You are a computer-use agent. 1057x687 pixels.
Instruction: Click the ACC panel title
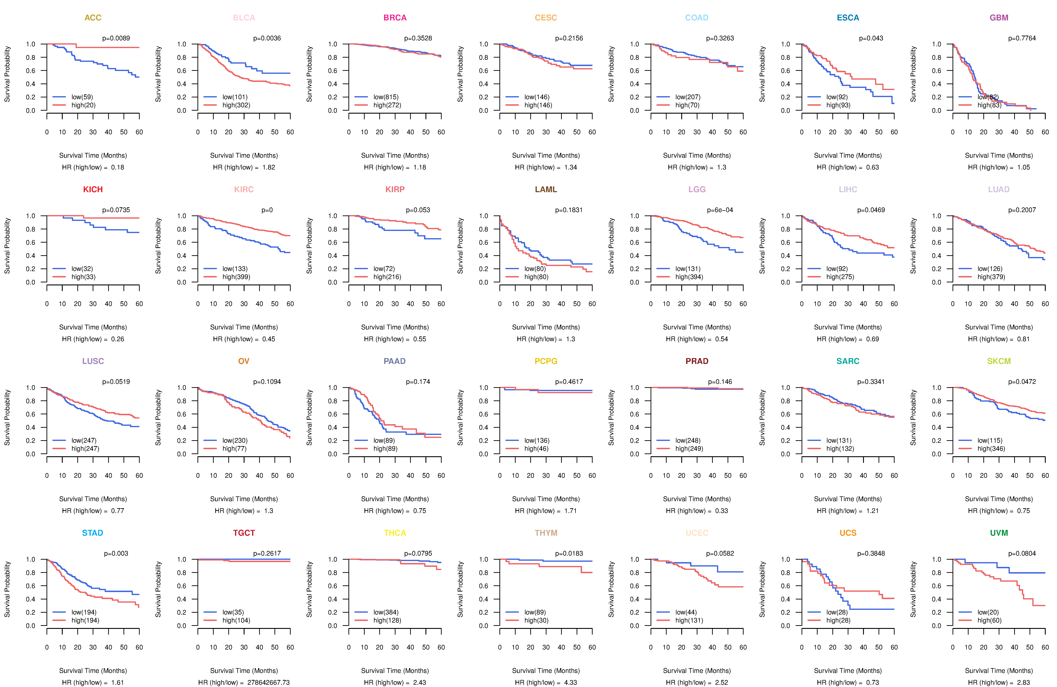[93, 18]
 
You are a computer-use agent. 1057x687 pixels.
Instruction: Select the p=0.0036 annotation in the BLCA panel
[267, 38]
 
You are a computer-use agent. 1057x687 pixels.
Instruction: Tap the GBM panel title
[999, 18]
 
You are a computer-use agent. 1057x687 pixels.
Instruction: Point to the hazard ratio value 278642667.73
[268, 683]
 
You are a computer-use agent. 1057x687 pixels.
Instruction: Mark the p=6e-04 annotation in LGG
[720, 210]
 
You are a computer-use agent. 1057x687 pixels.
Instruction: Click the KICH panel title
[93, 190]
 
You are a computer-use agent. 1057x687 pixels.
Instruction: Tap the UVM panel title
[999, 533]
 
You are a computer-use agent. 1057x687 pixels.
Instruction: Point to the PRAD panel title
[697, 361]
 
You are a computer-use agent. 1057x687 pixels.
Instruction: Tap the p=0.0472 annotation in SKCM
[1022, 382]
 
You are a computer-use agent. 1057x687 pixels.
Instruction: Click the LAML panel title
[546, 190]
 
